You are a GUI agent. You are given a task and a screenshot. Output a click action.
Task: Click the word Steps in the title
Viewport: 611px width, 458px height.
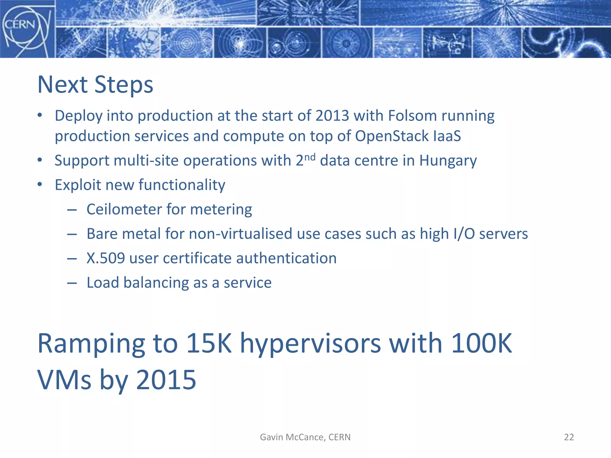click(x=124, y=85)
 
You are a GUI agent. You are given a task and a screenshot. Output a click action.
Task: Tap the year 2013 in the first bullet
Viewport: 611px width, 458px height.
click(x=332, y=116)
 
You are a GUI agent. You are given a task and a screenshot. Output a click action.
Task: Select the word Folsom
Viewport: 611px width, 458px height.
click(x=412, y=116)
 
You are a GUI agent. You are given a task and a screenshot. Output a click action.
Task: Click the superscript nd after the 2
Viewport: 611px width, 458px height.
click(x=310, y=157)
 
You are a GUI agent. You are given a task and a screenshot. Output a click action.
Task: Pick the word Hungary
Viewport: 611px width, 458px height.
click(x=448, y=161)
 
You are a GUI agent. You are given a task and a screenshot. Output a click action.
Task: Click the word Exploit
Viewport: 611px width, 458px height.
click(x=78, y=185)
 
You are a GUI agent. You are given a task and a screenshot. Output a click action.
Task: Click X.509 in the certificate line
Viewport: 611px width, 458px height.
click(x=106, y=258)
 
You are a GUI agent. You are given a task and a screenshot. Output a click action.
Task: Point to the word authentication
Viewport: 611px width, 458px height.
click(x=286, y=258)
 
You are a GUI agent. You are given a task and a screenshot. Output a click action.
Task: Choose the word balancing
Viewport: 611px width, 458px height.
click(x=156, y=283)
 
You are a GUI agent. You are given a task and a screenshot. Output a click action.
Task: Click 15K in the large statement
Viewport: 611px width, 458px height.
click(x=209, y=343)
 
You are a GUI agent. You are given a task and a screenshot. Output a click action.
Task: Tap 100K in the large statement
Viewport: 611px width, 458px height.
click(x=481, y=343)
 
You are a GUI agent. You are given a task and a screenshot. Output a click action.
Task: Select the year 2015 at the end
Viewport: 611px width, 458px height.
click(x=166, y=380)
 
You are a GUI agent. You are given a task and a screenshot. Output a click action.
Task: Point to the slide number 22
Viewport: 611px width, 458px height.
click(x=569, y=437)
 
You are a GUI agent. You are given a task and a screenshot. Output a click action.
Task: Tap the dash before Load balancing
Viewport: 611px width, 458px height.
click(x=72, y=283)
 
